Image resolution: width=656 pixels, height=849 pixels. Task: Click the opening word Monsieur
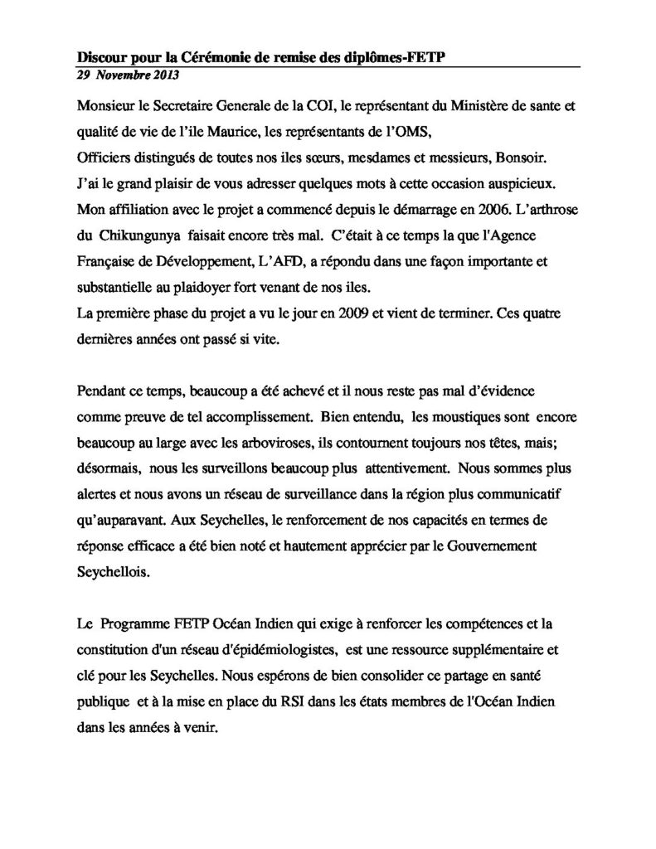click(x=104, y=106)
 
